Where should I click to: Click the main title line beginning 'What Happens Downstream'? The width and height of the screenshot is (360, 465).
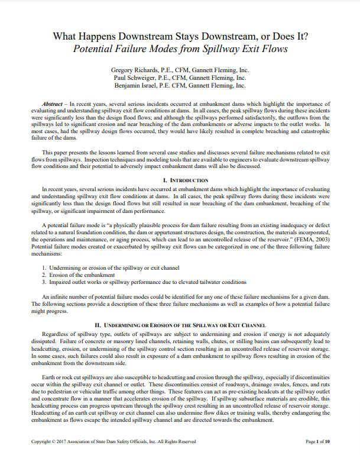coord(180,36)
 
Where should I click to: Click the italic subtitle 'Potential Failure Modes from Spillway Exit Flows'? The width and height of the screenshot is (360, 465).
coord(180,49)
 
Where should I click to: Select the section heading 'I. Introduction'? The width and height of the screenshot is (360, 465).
coord(180,180)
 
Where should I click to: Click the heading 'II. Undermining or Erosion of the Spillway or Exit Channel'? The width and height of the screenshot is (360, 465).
coord(180,325)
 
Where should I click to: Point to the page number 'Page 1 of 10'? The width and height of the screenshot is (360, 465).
coord(317,441)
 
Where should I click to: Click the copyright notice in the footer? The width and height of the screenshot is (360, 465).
coord(113,441)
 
